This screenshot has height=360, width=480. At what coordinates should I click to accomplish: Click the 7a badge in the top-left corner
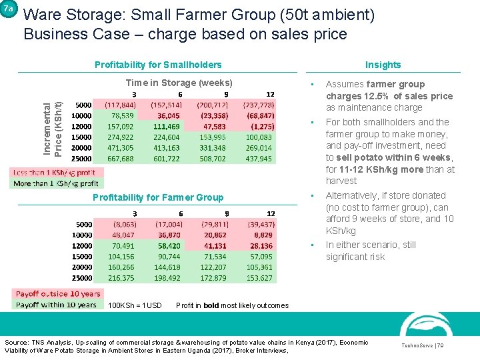pyautogui.click(x=8, y=9)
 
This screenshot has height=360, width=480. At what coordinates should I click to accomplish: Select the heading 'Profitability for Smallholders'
pyautogui.click(x=158, y=65)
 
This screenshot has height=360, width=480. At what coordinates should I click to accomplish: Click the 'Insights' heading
pyautogui.click(x=383, y=65)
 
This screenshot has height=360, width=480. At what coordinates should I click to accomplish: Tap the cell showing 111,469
pyautogui.click(x=166, y=127)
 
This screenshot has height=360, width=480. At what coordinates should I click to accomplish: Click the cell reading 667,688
pyautogui.click(x=120, y=159)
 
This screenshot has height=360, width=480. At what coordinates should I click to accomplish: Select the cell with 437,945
pyautogui.click(x=259, y=159)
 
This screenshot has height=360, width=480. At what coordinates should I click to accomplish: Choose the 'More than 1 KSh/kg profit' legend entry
pyautogui.click(x=56, y=183)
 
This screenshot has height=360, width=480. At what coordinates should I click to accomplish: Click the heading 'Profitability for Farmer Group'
pyautogui.click(x=158, y=197)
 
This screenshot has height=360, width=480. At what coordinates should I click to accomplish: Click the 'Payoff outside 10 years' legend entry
pyautogui.click(x=58, y=294)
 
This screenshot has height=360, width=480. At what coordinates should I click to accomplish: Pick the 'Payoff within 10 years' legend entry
pyautogui.click(x=57, y=304)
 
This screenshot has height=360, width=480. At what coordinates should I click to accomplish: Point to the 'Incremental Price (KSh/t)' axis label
pyautogui.click(x=53, y=129)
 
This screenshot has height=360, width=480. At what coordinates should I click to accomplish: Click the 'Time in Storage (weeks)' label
pyautogui.click(x=179, y=83)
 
